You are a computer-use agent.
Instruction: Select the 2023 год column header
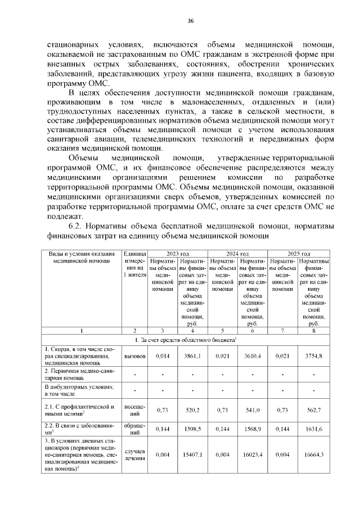[177, 254]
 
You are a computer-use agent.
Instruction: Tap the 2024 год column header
[237, 254]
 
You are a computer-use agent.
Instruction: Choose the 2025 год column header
[299, 254]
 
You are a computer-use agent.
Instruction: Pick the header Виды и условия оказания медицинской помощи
[81, 258]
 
